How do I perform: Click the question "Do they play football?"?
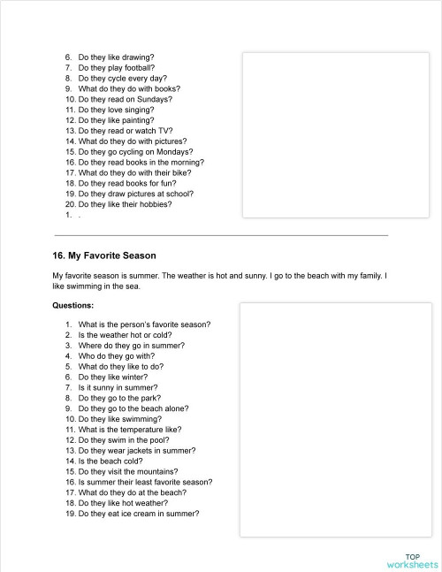point(116,67)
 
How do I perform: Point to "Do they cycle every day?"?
point(121,78)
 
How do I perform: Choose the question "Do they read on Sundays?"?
point(125,99)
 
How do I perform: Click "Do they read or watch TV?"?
point(125,131)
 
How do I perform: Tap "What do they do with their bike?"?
point(137,173)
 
